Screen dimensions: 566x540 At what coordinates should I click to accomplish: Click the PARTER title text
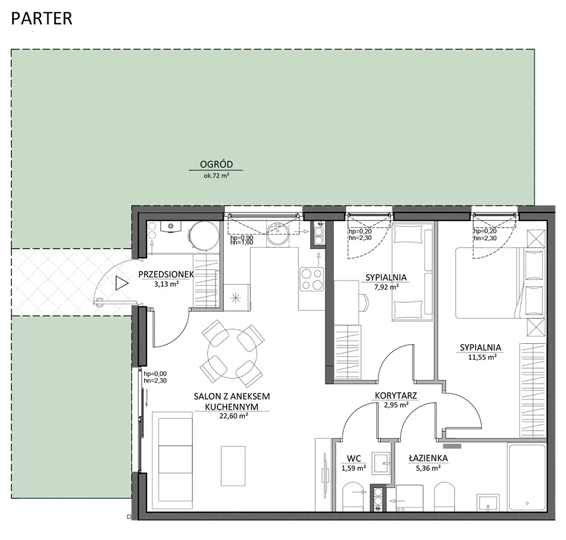42,19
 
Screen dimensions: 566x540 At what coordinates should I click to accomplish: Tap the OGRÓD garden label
216,164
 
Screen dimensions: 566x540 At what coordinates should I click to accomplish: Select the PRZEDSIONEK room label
166,275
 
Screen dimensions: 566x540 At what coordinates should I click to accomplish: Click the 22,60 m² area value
234,416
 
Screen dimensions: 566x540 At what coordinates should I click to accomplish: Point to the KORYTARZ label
396,396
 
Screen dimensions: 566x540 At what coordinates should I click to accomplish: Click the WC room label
354,458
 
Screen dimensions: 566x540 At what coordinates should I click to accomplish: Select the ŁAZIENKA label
428,458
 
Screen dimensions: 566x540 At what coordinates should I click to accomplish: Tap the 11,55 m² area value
482,357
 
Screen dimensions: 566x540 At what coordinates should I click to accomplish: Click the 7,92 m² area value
386,288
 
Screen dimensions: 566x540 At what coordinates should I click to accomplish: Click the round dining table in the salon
232,354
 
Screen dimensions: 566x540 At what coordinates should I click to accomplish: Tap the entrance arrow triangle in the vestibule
122,283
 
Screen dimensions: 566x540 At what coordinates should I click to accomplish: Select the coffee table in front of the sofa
233,466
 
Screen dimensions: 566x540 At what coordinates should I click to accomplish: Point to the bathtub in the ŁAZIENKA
527,477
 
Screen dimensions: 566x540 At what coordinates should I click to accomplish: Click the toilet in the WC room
355,497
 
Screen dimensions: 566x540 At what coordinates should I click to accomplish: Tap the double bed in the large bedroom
500,283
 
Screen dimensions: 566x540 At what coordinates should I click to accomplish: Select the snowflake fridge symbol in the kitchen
236,298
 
